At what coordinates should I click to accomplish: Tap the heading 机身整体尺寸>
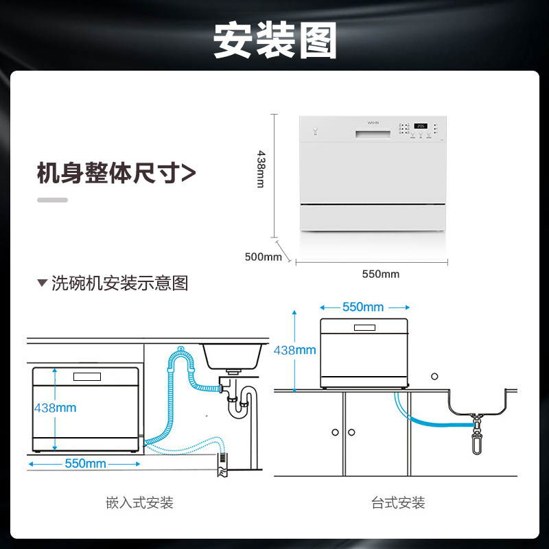(116, 173)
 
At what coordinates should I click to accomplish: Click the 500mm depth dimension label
(264, 257)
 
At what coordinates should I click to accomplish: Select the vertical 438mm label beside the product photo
(261, 170)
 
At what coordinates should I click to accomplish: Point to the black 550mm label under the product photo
(380, 274)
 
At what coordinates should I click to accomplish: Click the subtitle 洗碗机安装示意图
(119, 283)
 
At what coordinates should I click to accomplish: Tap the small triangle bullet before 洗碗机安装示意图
(42, 283)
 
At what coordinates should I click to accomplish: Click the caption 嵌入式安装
(139, 503)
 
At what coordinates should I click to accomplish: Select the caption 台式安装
(398, 503)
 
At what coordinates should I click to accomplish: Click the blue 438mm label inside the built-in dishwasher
(55, 408)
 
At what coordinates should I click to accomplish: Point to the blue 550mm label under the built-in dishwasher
(85, 463)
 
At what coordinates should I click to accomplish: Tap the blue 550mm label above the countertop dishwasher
(363, 307)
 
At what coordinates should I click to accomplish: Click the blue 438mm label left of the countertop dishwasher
(294, 350)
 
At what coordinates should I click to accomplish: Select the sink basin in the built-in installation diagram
(233, 356)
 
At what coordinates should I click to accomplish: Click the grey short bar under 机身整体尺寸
(52, 200)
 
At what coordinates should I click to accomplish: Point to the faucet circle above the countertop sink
(434, 376)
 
